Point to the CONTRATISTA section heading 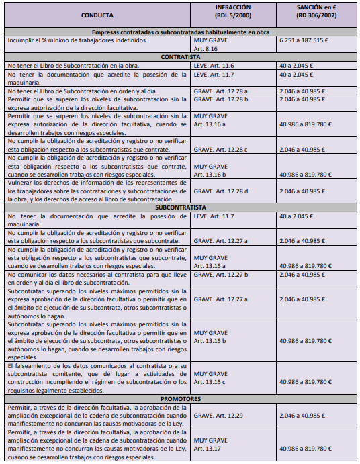pos(181,57)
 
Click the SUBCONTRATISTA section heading pos(181,207)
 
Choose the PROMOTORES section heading pos(181,398)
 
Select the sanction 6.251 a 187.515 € pos(308,40)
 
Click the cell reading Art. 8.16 pos(206,49)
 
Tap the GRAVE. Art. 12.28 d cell pos(221,191)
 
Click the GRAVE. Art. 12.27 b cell pos(221,275)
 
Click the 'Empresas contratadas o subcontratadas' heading pos(181,32)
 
